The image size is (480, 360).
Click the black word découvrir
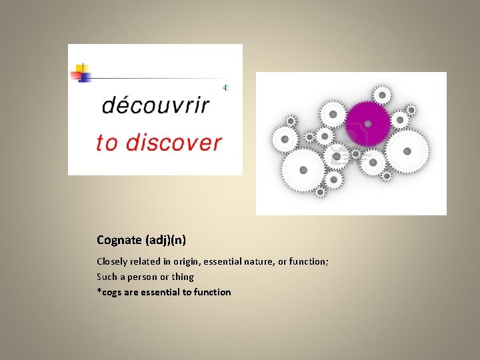click(x=155, y=106)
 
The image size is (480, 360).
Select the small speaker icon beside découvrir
click(x=225, y=87)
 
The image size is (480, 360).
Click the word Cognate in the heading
click(x=118, y=239)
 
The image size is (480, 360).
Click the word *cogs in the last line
click(x=110, y=292)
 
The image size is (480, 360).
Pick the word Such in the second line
click(x=107, y=277)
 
